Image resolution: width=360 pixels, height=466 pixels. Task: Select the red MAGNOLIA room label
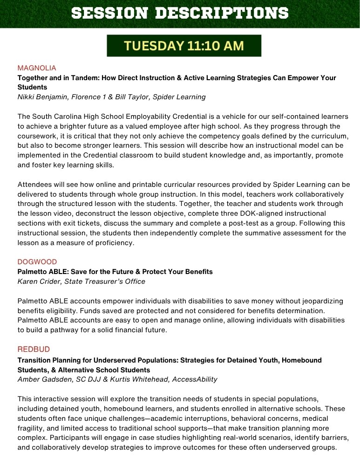[x=37, y=68]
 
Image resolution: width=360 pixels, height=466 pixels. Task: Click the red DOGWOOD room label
[x=37, y=262]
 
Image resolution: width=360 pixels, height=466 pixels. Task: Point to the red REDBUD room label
[x=34, y=349]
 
